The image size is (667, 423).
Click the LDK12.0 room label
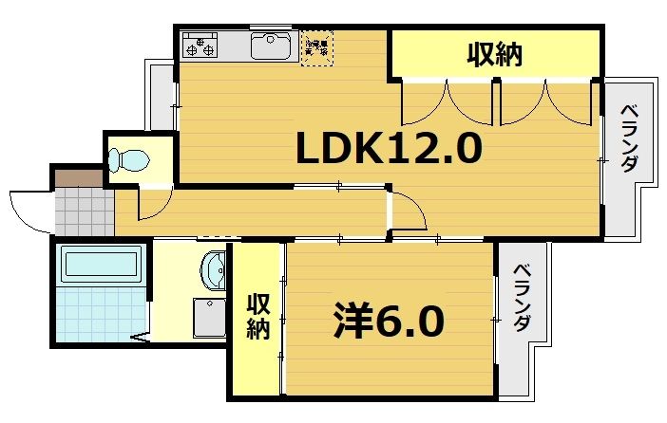click(x=390, y=148)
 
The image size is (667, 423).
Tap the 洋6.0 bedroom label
click(x=389, y=322)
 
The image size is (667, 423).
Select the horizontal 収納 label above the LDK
click(x=494, y=55)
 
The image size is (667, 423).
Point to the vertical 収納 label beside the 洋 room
click(x=258, y=317)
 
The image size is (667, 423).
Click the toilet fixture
click(x=127, y=160)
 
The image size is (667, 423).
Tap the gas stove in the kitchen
click(x=201, y=44)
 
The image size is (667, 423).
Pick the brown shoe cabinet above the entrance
click(x=77, y=176)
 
